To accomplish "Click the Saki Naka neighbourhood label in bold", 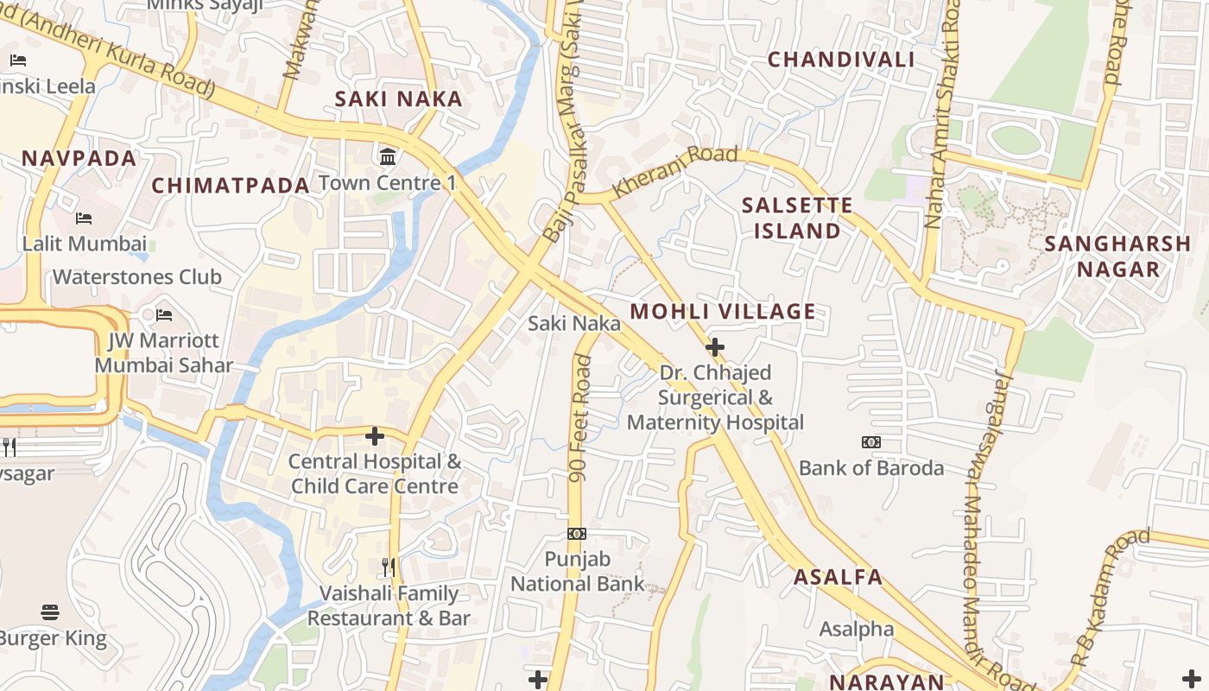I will [399, 99].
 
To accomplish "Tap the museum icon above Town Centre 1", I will [388, 157].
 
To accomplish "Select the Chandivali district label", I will [841, 60].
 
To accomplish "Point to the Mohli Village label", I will [723, 312].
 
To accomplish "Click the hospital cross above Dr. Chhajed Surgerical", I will [715, 347].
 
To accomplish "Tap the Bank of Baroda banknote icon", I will [870, 442].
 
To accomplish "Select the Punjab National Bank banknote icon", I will [577, 534].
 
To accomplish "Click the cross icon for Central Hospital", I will [375, 436].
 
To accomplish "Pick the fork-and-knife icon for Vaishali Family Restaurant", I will [389, 567].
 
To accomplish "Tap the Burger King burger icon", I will [50, 612].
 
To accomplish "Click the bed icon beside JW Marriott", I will [164, 315].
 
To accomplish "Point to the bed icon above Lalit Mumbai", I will [84, 219].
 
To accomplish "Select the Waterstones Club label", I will [137, 277].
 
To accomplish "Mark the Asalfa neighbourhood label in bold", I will [838, 578].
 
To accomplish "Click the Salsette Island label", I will [797, 219].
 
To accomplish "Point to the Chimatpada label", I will [231, 186].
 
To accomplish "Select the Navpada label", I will [79, 159].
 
